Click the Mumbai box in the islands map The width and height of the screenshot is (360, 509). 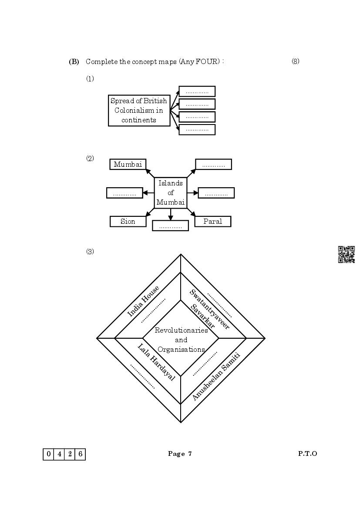point(128,164)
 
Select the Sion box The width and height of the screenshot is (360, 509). point(128,222)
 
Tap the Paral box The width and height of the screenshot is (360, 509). point(212,222)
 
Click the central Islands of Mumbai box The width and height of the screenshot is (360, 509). point(171,193)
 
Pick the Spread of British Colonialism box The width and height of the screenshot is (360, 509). point(139,111)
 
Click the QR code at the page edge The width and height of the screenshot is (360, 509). point(347,255)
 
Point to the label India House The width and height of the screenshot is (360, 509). point(143,301)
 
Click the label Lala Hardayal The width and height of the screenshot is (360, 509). point(156,362)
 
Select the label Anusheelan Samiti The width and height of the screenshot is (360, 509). point(216,377)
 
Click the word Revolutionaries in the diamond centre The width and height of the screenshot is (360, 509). point(181,330)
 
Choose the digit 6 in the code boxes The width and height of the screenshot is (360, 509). point(80,454)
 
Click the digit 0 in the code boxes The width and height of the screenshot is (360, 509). point(48,454)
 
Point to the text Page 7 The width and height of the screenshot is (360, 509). point(180,454)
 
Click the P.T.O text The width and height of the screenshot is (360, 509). point(307,454)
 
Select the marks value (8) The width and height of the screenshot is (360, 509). point(295,61)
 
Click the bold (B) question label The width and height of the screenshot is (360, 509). point(74,62)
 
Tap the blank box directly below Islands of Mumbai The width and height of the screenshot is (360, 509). point(170,226)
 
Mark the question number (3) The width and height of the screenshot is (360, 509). point(90,252)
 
